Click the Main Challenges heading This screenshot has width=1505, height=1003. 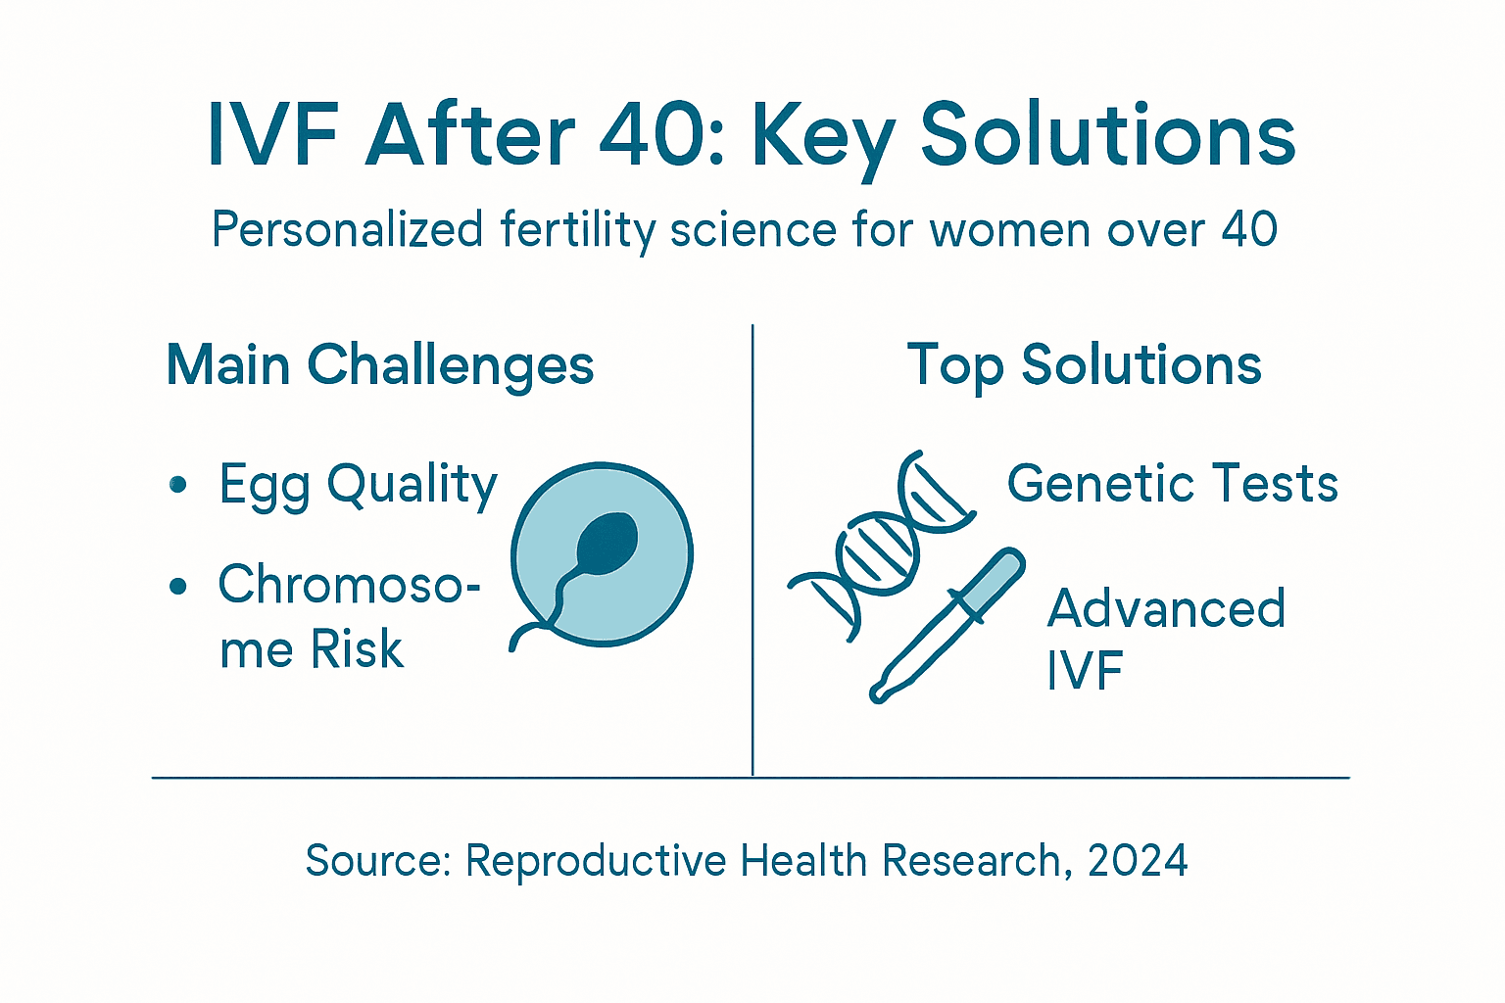[x=380, y=366]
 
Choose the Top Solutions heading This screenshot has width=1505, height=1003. [x=1084, y=365]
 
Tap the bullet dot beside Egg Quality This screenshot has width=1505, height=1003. [x=178, y=484]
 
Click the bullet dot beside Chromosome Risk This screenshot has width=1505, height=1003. [x=178, y=586]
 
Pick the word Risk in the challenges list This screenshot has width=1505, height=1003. [x=357, y=649]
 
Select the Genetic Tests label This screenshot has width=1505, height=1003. [x=1172, y=484]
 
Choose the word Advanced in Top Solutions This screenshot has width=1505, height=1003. [x=1166, y=608]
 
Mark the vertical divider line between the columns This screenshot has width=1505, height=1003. [x=752, y=549]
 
